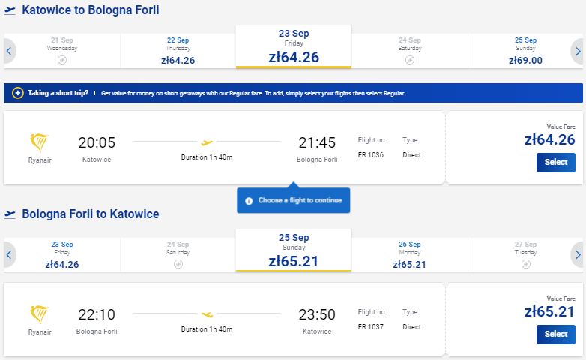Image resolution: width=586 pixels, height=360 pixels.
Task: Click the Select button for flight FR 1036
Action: click(556, 163)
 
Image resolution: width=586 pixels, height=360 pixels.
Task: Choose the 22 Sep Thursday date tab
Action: click(178, 51)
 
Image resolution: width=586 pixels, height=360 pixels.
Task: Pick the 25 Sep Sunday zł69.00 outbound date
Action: click(525, 51)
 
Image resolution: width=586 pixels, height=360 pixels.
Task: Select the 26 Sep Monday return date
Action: click(410, 255)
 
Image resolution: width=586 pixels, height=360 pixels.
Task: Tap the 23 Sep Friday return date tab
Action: click(62, 255)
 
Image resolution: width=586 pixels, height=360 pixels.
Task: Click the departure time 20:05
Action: click(97, 142)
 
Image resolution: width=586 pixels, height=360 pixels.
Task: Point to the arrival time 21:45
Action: click(317, 142)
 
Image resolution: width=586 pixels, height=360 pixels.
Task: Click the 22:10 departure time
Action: click(97, 314)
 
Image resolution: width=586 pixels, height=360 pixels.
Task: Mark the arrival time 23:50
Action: click(317, 314)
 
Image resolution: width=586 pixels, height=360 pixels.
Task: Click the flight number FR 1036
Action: click(371, 155)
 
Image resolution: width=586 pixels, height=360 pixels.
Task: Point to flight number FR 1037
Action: click(371, 327)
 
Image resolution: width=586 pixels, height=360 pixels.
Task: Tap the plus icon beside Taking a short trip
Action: click(17, 93)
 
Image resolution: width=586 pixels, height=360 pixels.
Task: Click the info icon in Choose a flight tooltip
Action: click(249, 201)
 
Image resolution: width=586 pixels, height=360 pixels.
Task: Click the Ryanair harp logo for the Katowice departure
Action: click(39, 142)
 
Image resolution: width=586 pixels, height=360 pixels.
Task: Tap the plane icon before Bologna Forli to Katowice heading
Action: click(10, 214)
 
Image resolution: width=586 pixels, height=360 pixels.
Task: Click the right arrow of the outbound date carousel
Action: click(578, 51)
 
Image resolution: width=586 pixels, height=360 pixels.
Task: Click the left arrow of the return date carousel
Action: click(9, 255)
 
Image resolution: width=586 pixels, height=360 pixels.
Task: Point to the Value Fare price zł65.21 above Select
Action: click(549, 311)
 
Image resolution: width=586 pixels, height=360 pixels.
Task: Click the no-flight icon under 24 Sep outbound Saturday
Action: click(410, 60)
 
